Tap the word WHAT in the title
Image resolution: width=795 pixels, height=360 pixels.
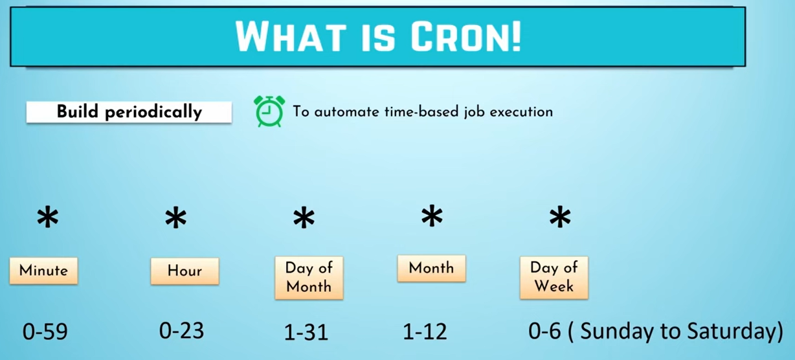coord(291,37)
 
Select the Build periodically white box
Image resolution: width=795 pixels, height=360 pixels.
coord(129,112)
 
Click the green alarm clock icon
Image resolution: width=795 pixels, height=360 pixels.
coord(269,111)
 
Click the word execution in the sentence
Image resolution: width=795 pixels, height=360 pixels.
coord(521,112)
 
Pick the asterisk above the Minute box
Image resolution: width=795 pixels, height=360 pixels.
coord(48,218)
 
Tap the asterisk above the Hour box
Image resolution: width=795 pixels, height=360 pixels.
coord(176,218)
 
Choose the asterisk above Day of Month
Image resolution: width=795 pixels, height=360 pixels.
coord(304,218)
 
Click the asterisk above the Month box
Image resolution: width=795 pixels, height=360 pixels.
coord(432,216)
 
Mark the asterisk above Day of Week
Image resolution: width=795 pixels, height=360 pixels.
coord(560,216)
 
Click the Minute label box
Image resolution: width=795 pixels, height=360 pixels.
coord(43,271)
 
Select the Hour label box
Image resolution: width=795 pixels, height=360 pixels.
coord(185,271)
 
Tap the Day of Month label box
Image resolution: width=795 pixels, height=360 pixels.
coord(309,278)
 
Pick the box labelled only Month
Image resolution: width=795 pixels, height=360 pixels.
coord(432,269)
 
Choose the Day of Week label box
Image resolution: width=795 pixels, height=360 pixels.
coord(554,278)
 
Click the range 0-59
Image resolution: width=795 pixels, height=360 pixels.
coord(45,332)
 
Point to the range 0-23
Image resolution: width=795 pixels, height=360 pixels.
coord(182,330)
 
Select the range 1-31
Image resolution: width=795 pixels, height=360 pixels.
coord(306,332)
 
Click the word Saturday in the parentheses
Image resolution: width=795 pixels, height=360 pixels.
coord(732,331)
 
